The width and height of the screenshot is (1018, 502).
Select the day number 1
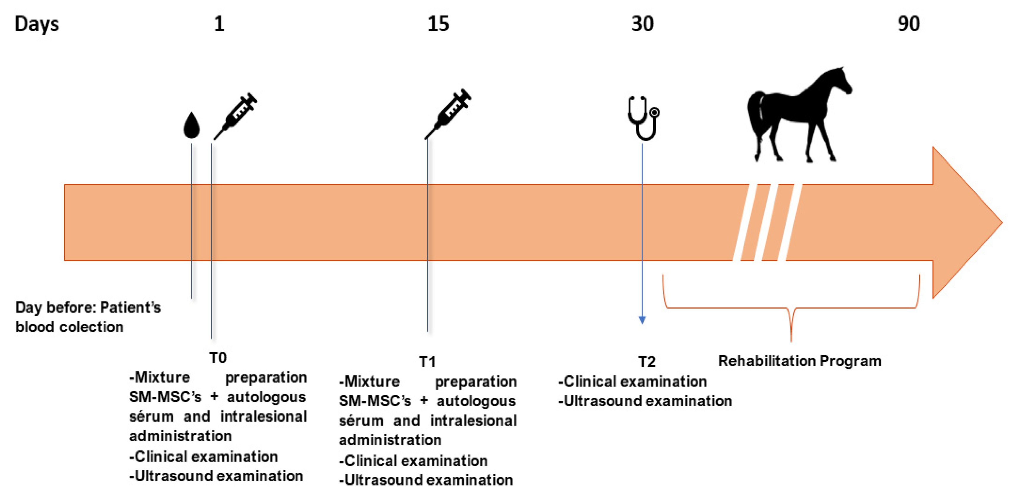[x=219, y=24]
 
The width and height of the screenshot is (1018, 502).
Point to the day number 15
[x=438, y=24]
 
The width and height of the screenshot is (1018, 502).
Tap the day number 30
[x=642, y=24]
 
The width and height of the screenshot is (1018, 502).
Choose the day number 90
[x=908, y=24]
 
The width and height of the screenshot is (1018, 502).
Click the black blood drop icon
[x=192, y=126]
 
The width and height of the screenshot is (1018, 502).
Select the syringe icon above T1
[x=448, y=114]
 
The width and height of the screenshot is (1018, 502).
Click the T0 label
[x=218, y=358]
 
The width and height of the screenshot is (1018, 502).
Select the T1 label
[x=427, y=362]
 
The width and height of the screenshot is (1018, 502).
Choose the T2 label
[x=647, y=362]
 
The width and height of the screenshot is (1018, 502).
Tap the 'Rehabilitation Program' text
[x=800, y=361]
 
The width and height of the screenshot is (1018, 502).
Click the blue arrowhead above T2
[x=642, y=320]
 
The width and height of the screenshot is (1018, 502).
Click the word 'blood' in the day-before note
[x=34, y=327]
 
